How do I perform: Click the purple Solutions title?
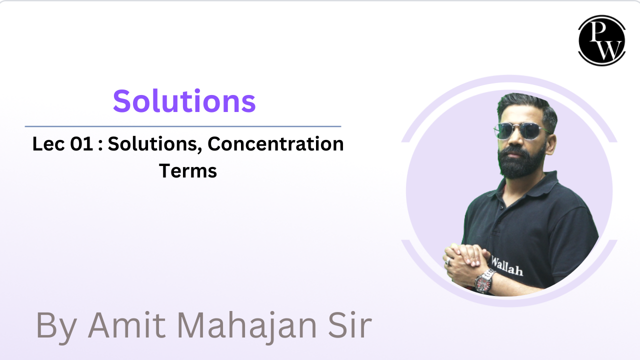[x=184, y=101]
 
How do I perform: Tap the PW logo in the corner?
[x=601, y=40]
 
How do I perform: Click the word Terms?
[x=187, y=171]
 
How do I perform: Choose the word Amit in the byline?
[x=127, y=325]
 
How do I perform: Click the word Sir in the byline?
[x=350, y=325]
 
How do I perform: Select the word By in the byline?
[x=56, y=327]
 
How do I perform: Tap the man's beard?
[x=521, y=162]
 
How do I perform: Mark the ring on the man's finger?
[x=449, y=261]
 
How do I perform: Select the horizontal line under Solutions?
[x=183, y=126]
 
